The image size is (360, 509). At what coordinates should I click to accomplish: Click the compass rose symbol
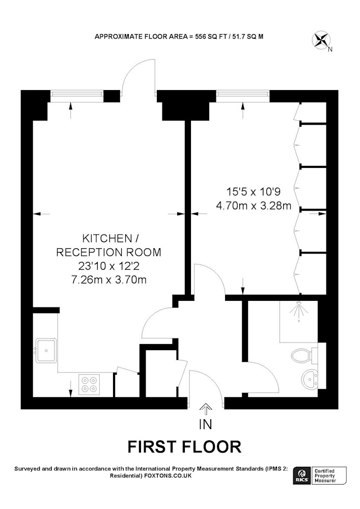point(321,40)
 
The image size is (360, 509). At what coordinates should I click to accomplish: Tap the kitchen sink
point(46,350)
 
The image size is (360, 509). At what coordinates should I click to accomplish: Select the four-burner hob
point(89,384)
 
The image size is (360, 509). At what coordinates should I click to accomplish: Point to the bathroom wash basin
point(311,379)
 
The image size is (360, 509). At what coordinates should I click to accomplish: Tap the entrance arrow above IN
point(205,409)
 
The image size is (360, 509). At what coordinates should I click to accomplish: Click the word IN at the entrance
point(206,425)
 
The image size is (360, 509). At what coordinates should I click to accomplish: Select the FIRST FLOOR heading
point(184,447)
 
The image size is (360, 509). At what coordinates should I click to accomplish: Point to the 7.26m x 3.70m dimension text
point(109,279)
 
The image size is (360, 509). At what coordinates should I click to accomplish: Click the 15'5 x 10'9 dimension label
point(253,192)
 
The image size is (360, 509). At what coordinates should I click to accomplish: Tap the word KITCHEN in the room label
point(107,239)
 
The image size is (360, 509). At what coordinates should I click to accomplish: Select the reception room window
point(77,94)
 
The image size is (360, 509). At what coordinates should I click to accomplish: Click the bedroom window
point(243,94)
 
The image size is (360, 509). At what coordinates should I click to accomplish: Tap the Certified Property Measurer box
point(329,475)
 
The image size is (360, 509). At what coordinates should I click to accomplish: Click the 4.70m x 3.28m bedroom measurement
point(254,206)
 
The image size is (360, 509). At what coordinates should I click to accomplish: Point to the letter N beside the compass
point(330,50)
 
